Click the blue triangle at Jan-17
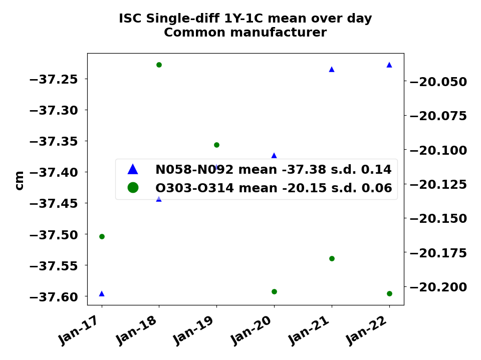coord(102,293)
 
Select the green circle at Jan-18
coord(159,65)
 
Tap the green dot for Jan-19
coord(216,145)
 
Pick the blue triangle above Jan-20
coord(274,156)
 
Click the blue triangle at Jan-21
coord(332,69)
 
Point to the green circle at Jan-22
coord(389,293)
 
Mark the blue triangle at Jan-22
coord(389,65)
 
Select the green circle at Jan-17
coord(102,236)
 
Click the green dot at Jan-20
coord(274,291)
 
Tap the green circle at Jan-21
coord(332,258)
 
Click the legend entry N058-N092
coord(273,170)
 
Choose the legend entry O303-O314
coord(273,188)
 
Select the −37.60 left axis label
coord(54,297)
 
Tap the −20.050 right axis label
coord(438,82)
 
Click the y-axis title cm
coord(19,180)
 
